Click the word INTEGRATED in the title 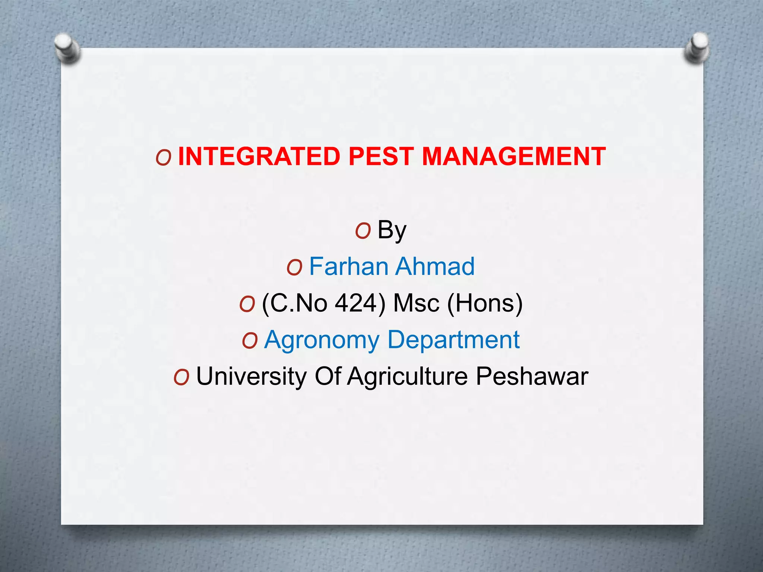(x=259, y=156)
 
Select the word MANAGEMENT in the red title (x=513, y=156)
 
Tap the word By (x=392, y=230)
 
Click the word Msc (x=416, y=303)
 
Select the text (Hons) (x=484, y=303)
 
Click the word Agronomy (x=322, y=340)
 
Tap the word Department (x=453, y=340)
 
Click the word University (x=251, y=376)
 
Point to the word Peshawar (x=532, y=376)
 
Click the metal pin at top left (x=67, y=48)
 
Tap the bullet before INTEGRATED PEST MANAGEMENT (x=164, y=158)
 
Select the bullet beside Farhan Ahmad (x=294, y=268)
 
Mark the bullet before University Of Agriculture (x=181, y=377)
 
